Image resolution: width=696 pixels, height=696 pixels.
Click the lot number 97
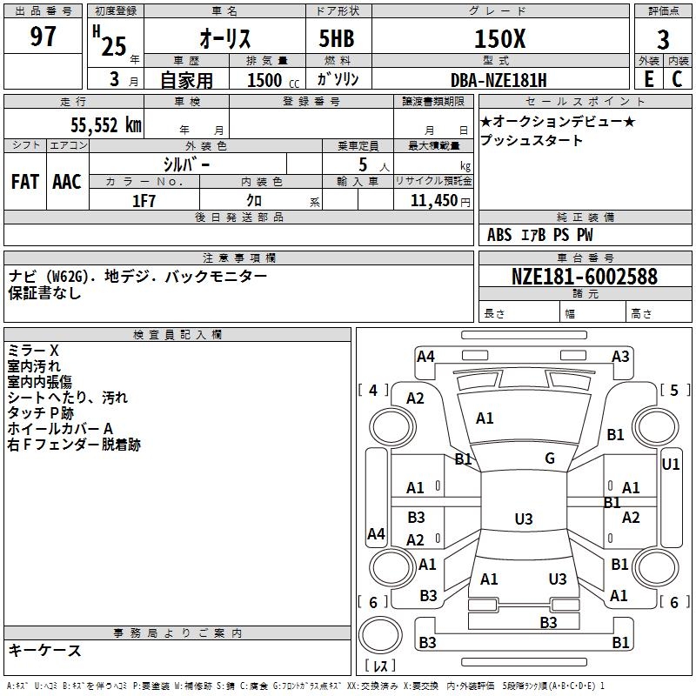click(x=43, y=37)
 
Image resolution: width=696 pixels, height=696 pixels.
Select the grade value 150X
click(x=499, y=38)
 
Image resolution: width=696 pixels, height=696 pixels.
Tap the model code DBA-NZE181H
click(x=499, y=80)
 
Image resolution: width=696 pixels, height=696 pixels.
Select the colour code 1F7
click(x=144, y=201)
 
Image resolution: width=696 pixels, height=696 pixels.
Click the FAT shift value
click(x=25, y=181)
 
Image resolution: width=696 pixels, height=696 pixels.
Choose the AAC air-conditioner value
click(x=67, y=181)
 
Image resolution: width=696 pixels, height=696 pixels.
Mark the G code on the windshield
click(x=550, y=458)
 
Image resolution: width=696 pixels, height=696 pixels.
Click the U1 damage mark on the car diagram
click(x=670, y=465)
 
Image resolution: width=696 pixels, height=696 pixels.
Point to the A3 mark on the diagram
click(x=620, y=356)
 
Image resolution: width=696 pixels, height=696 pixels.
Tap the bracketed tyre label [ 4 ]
click(x=373, y=390)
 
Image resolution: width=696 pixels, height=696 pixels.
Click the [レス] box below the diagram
click(x=380, y=667)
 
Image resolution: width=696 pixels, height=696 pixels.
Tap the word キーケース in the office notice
click(x=44, y=651)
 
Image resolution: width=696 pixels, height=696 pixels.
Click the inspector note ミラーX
click(x=33, y=350)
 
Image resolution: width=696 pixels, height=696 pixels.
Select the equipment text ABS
click(x=499, y=235)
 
